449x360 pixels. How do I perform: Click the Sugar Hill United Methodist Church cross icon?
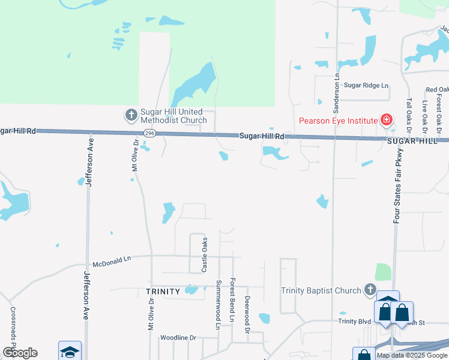pos(131,114)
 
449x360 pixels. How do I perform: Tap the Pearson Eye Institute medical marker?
pos(387,120)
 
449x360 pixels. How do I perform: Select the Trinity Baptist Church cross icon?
pos(370,291)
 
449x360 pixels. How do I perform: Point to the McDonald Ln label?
pos(112,262)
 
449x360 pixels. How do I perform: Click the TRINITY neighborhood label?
pos(163,292)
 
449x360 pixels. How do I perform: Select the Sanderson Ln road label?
pos(337,94)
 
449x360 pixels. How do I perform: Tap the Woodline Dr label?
pos(178,338)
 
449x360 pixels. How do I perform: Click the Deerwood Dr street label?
pos(247,314)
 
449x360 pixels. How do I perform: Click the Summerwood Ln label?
pos(218,304)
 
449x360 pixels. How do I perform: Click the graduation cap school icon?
pos(70,352)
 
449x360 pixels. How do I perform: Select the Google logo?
pos(20,353)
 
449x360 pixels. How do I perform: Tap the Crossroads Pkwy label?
pos(13,327)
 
